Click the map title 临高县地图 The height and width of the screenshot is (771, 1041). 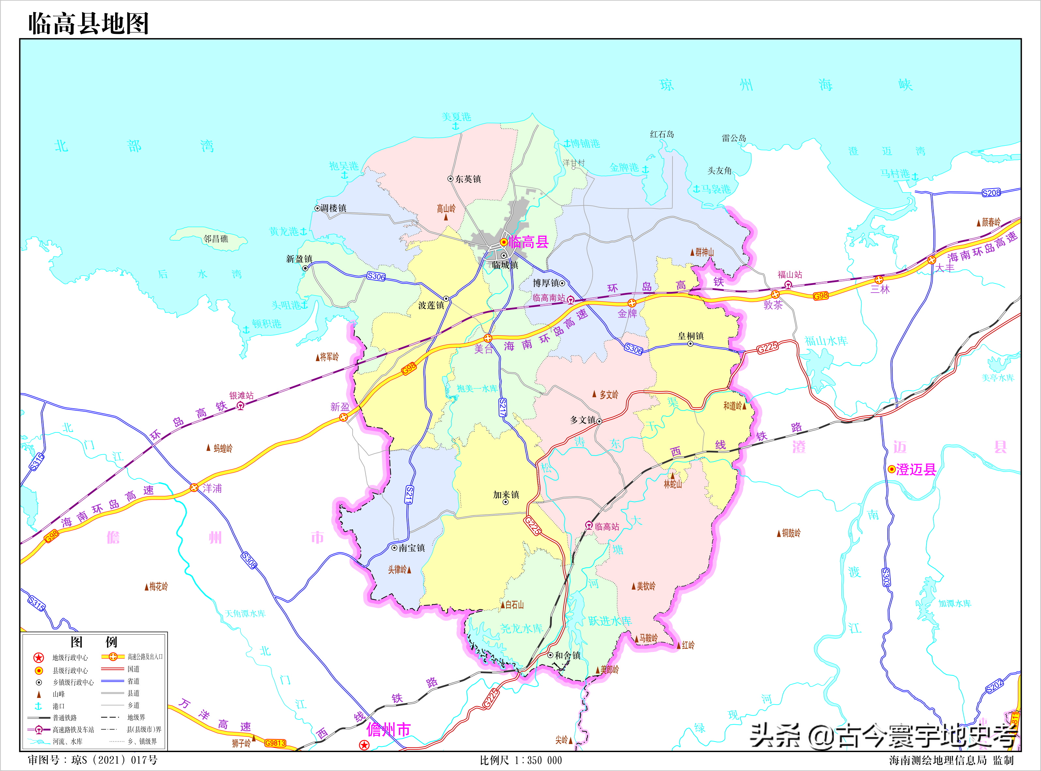point(89,23)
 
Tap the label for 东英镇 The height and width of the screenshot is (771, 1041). point(468,179)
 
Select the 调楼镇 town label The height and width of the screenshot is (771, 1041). point(333,208)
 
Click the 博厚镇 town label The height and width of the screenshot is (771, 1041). point(546,283)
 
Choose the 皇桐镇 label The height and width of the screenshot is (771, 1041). point(691,336)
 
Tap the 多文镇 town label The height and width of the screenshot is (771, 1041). point(583,420)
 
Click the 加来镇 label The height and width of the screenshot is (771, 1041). point(506,495)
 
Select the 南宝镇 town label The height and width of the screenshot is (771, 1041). point(412,548)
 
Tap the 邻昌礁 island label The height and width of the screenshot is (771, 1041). point(216,239)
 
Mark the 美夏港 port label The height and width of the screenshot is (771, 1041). point(456,117)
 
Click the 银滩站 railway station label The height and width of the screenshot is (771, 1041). point(241,396)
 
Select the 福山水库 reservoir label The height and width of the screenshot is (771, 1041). point(826,341)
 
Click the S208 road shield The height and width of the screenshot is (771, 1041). point(991,193)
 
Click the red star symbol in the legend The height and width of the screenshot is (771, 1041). point(39,658)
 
